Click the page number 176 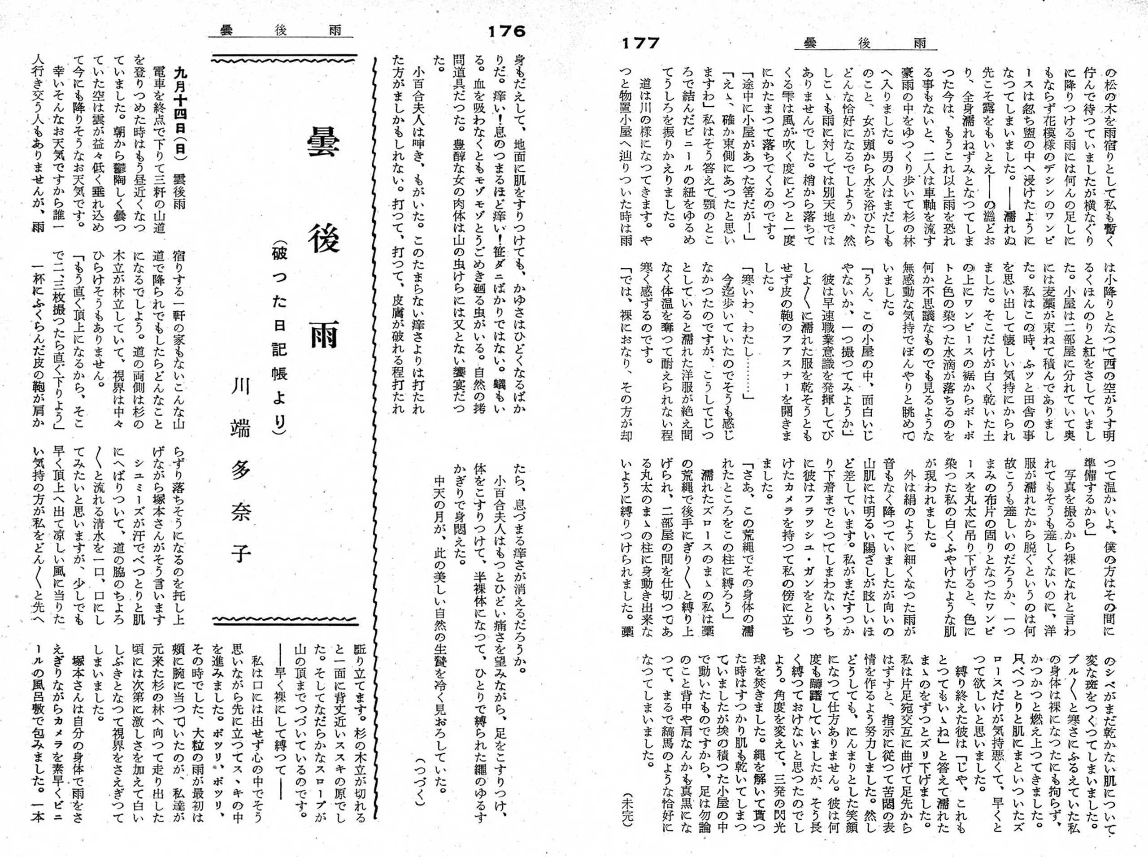[x=506, y=32]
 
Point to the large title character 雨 [x=323, y=334]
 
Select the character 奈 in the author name [x=241, y=510]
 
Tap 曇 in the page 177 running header [x=810, y=43]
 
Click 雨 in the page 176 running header [x=335, y=30]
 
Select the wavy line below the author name [x=285, y=621]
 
